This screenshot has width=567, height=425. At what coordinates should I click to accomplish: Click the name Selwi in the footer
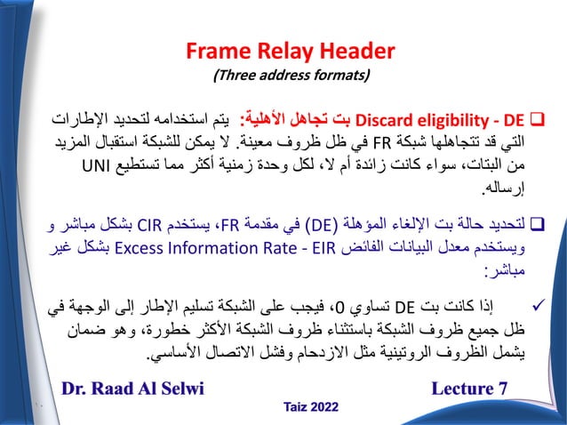[174, 388]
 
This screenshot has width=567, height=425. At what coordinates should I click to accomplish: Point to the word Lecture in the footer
[467, 388]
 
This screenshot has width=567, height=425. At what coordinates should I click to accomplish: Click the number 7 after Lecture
[506, 388]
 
